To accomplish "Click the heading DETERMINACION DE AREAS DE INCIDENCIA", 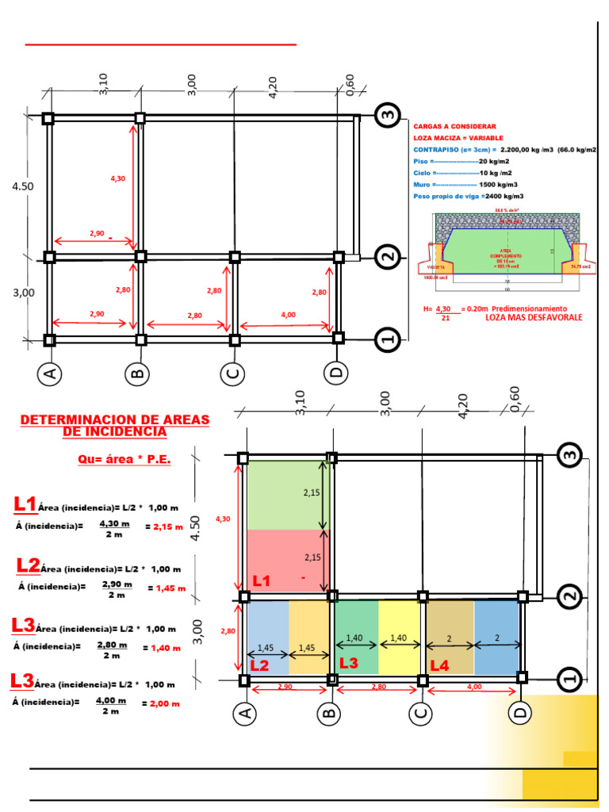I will (114, 425).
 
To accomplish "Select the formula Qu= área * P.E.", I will (124, 459).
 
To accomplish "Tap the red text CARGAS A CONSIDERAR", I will (454, 126).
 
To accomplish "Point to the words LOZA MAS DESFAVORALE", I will (534, 317).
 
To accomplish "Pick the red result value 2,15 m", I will (168, 527).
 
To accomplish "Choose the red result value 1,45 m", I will (170, 588).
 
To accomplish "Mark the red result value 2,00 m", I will (166, 703).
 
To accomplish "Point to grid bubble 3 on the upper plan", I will (387, 116).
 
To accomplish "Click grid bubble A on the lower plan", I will (245, 714).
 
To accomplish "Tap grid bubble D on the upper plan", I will (337, 371).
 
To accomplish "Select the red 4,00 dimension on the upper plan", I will (288, 315).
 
